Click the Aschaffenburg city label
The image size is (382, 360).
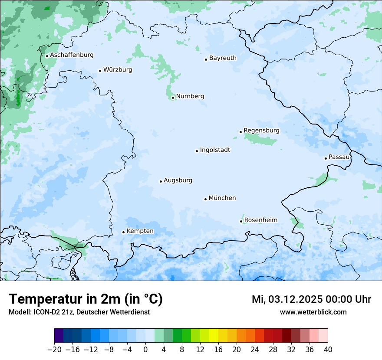72,55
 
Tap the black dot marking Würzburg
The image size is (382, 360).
100,71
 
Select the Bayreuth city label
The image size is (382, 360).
223,58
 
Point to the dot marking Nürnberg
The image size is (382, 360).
173,98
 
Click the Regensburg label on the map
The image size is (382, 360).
261,130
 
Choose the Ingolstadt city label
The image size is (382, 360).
215,150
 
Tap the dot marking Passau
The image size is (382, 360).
326,158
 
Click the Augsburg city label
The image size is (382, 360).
178,180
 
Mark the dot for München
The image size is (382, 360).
205,199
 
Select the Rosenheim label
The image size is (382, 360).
260,220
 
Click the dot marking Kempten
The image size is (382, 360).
123,232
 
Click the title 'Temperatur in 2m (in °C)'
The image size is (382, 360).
86,299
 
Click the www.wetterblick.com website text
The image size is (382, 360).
313,312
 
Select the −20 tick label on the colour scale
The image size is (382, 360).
54,350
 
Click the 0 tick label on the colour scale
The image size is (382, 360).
145,350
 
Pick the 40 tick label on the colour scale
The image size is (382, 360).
328,350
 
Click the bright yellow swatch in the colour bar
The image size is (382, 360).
214,336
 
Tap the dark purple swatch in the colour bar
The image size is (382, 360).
59,336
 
